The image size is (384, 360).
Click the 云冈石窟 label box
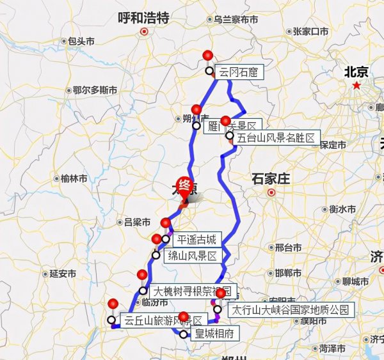tap(238, 72)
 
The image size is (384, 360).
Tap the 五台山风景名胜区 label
tap(276, 137)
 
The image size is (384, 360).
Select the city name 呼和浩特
tap(143, 18)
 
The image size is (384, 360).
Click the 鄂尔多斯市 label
tap(95, 90)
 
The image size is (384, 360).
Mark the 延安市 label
tap(63, 274)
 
